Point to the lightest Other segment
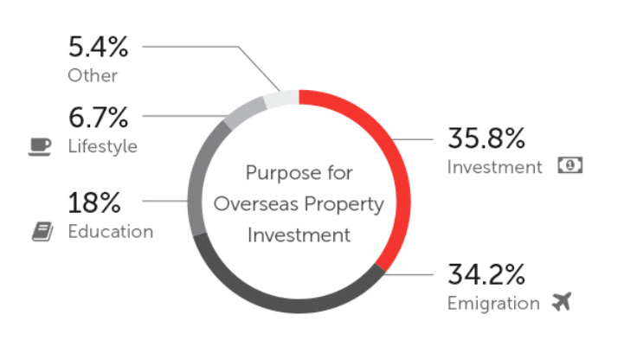pos(281,99)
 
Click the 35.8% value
pos(486,138)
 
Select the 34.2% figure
pos(486,274)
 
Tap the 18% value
pos(94,202)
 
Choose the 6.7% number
pos(99,118)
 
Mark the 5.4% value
pos(99,47)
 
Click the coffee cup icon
pos(40,147)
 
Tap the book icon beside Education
pos(42,232)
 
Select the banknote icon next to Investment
pos(569,165)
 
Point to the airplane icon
pos(562,301)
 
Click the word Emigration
pos(493,304)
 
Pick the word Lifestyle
pos(103,146)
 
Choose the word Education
pos(111,232)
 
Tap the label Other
pos(93,75)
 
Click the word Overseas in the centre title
pos(256,204)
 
